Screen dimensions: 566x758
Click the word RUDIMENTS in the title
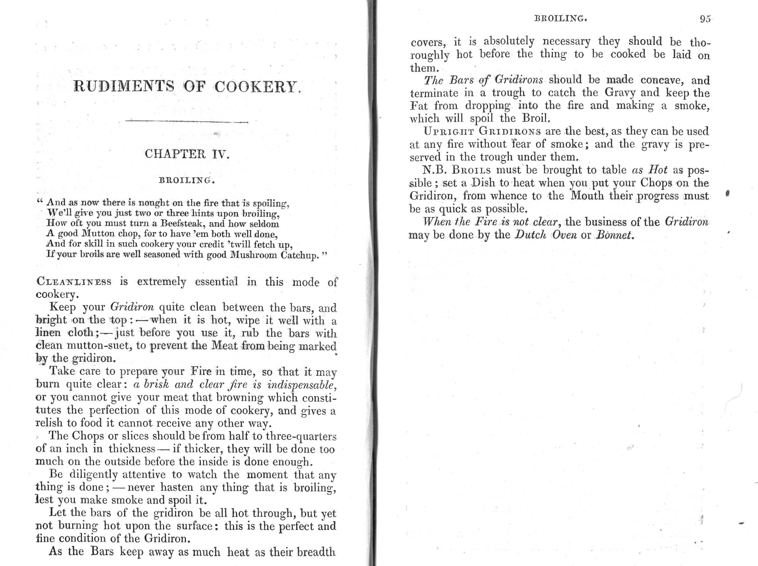coord(124,86)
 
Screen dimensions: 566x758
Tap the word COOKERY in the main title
coord(256,87)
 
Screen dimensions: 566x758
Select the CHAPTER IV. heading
coord(187,154)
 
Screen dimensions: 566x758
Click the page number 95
coord(705,19)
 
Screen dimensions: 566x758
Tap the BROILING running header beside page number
coord(561,18)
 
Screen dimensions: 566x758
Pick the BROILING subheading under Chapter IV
coord(187,180)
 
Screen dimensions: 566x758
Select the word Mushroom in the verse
coord(254,255)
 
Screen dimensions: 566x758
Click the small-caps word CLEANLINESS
coord(74,282)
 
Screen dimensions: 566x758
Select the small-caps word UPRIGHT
coord(448,132)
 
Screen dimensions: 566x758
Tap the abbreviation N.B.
coord(435,170)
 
